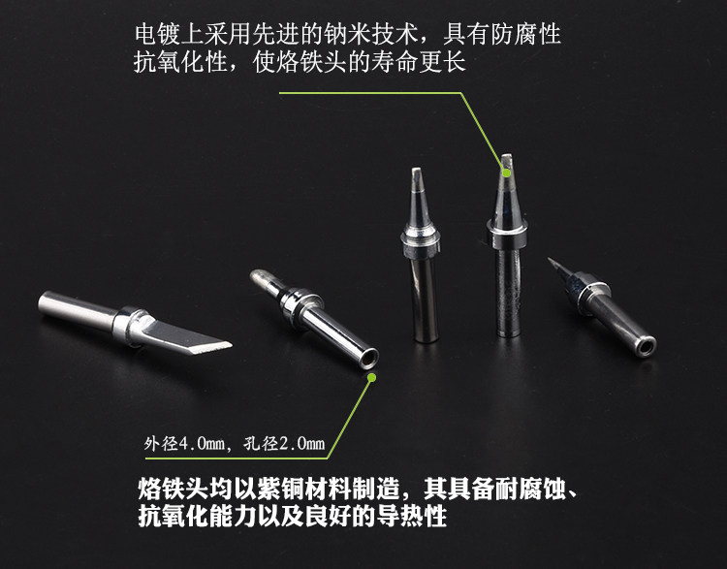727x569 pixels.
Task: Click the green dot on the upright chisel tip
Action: [x=507, y=173]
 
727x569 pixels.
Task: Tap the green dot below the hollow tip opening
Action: [x=371, y=377]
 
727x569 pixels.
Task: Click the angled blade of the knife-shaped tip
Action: [x=185, y=336]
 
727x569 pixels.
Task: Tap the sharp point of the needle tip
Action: [x=549, y=259]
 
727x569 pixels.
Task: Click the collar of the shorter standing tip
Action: [x=420, y=241]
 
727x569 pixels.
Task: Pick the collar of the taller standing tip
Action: [x=507, y=234]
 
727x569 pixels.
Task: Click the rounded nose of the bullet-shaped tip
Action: [x=261, y=277]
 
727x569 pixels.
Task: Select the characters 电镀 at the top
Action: [x=157, y=35]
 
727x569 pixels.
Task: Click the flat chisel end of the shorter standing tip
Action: [x=417, y=173]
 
